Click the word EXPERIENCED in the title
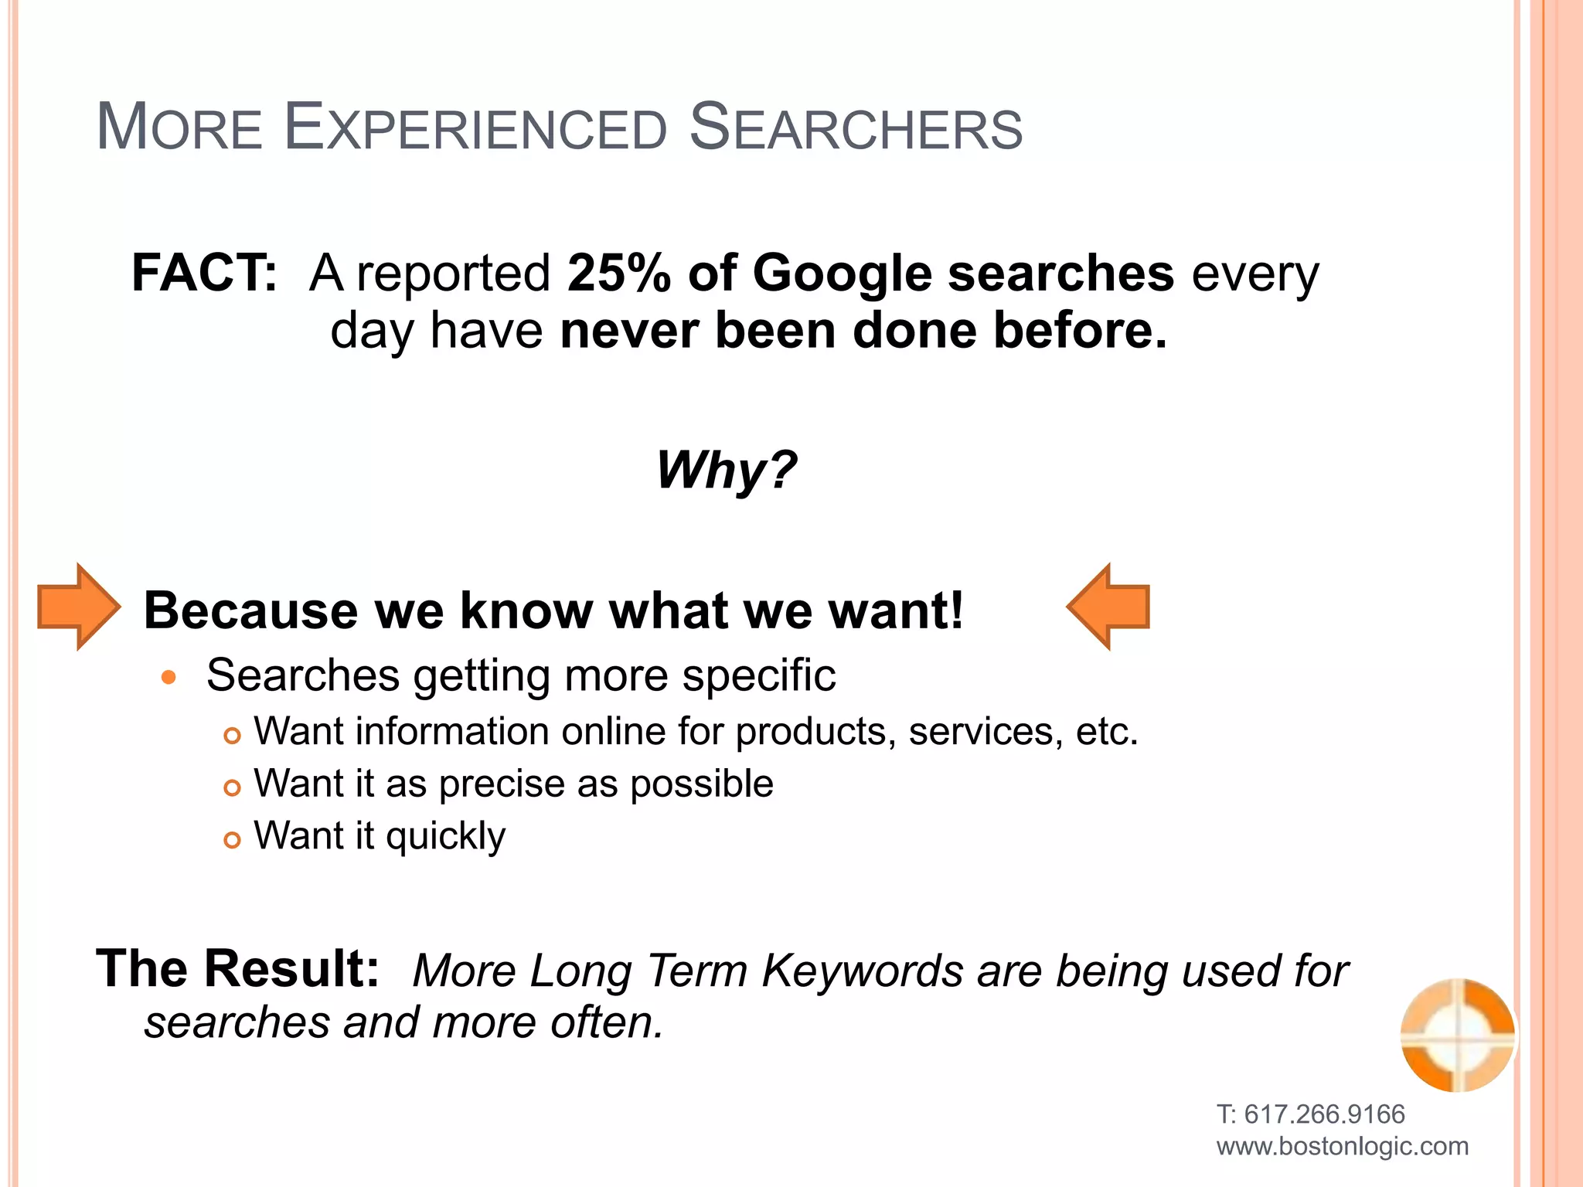click(475, 128)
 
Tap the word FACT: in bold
click(204, 273)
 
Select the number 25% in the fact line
click(619, 273)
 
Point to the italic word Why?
click(726, 471)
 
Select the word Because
click(251, 611)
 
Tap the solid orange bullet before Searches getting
click(169, 678)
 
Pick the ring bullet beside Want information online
click(232, 735)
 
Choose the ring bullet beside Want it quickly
click(232, 839)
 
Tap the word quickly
click(445, 837)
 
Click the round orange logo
click(1458, 1035)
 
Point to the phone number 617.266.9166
click(1324, 1114)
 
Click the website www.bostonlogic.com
click(1342, 1146)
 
